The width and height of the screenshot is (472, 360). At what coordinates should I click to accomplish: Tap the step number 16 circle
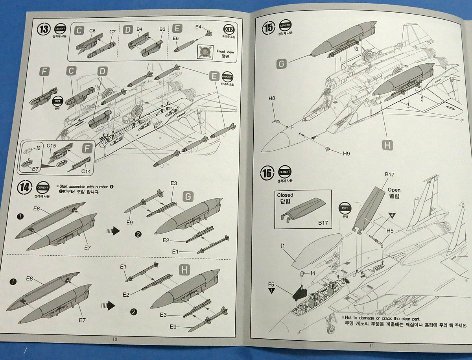click(x=267, y=174)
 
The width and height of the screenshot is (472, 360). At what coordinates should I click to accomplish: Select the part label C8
click(x=92, y=31)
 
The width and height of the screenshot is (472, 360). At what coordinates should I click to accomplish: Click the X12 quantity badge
click(x=228, y=30)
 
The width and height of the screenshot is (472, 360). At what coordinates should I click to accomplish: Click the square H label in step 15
click(x=388, y=145)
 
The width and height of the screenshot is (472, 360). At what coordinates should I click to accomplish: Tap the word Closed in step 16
click(x=285, y=195)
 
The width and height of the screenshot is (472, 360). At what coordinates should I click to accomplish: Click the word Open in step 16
click(x=393, y=189)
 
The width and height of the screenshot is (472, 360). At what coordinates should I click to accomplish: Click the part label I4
click(x=313, y=273)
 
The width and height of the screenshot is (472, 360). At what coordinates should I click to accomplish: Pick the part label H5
click(x=390, y=231)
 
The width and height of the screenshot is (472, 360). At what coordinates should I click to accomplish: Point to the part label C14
click(x=86, y=171)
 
